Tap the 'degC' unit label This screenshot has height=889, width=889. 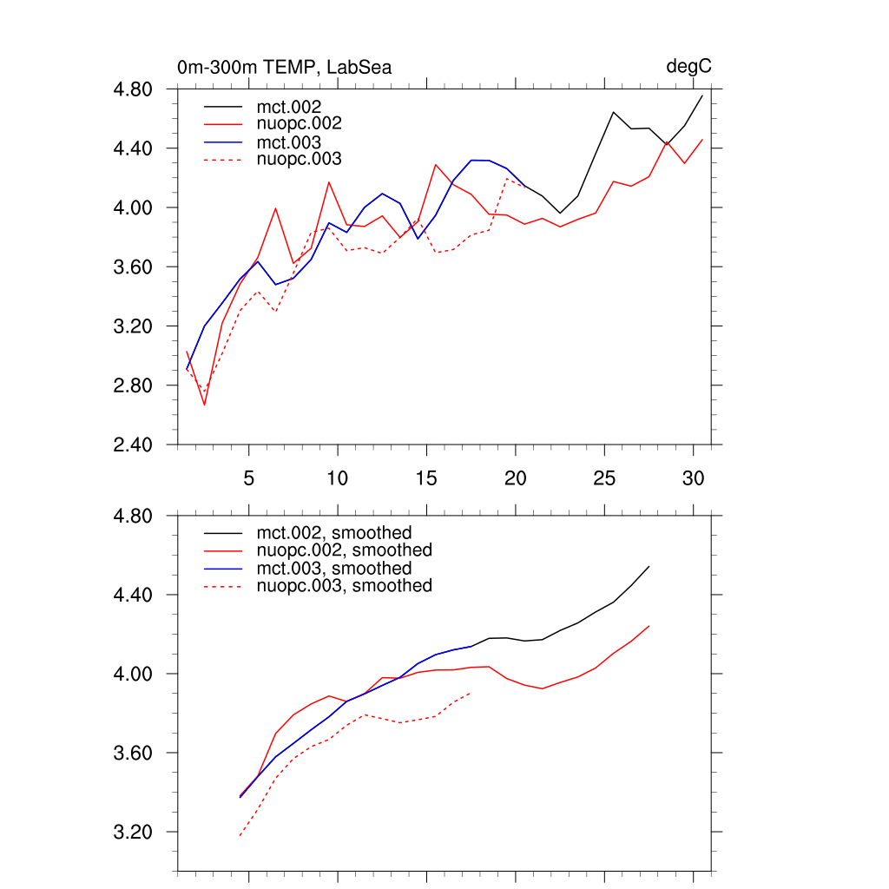[689, 67]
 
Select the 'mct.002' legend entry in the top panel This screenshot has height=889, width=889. [296, 106]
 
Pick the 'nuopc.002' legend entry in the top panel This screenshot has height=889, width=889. [306, 124]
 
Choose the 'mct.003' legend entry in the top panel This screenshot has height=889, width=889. [296, 142]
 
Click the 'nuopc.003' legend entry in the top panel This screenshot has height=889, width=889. [306, 160]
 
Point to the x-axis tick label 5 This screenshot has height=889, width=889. [249, 478]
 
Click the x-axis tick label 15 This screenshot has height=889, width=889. [426, 478]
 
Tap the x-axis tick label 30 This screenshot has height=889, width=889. [693, 478]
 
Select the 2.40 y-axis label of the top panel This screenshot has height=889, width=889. [134, 444]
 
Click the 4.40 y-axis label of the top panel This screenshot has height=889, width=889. [134, 148]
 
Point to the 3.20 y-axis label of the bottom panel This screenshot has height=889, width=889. [134, 832]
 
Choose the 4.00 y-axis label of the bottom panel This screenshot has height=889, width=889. [134, 674]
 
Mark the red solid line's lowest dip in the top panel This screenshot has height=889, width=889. [205, 405]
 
